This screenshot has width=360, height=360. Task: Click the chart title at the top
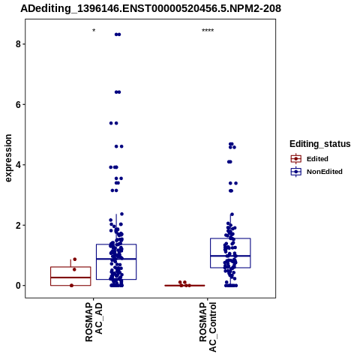click(x=151, y=8)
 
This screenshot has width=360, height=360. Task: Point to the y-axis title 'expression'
click(x=8, y=158)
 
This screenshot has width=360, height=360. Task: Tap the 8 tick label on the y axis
click(x=18, y=44)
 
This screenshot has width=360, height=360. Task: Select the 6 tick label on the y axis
click(x=18, y=104)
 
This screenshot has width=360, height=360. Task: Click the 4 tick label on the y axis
click(x=18, y=165)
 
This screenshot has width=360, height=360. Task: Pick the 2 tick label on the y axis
click(x=18, y=225)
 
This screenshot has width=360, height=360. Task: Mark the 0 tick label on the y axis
click(x=18, y=286)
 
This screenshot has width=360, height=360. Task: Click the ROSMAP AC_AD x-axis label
click(x=94, y=322)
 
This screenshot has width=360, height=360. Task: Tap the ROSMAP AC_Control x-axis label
click(x=208, y=327)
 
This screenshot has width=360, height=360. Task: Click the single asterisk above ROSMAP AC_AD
click(x=94, y=31)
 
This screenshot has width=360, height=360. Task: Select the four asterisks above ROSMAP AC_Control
click(x=208, y=31)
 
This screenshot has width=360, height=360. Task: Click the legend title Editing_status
click(x=320, y=144)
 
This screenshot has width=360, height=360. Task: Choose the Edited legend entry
click(x=310, y=159)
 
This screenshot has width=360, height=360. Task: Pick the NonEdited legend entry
click(x=316, y=172)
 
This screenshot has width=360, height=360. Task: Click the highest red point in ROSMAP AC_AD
click(x=75, y=259)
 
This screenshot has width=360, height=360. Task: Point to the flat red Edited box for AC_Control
click(x=184, y=285)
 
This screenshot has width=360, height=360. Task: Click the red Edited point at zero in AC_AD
click(x=72, y=286)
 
